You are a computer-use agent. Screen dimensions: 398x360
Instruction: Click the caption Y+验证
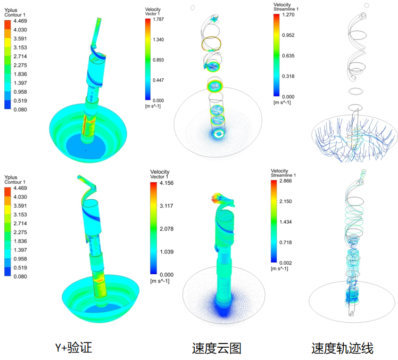click(x=73, y=348)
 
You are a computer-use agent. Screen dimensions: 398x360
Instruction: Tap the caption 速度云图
click(x=217, y=348)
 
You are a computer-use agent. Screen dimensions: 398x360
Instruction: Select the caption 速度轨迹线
click(x=343, y=348)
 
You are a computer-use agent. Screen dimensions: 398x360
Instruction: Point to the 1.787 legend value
click(x=159, y=19)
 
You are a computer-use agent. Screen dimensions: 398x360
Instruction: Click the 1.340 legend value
click(x=159, y=39)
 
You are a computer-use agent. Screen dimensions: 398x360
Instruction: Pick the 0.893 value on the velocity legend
click(x=159, y=60)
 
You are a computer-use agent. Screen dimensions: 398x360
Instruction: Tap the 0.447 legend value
click(x=159, y=80)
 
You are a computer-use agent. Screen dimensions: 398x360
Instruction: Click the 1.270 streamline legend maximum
click(x=288, y=15)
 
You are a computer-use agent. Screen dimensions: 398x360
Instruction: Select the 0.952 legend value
click(x=288, y=35)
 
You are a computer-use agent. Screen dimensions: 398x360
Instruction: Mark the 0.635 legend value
click(x=288, y=55)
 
